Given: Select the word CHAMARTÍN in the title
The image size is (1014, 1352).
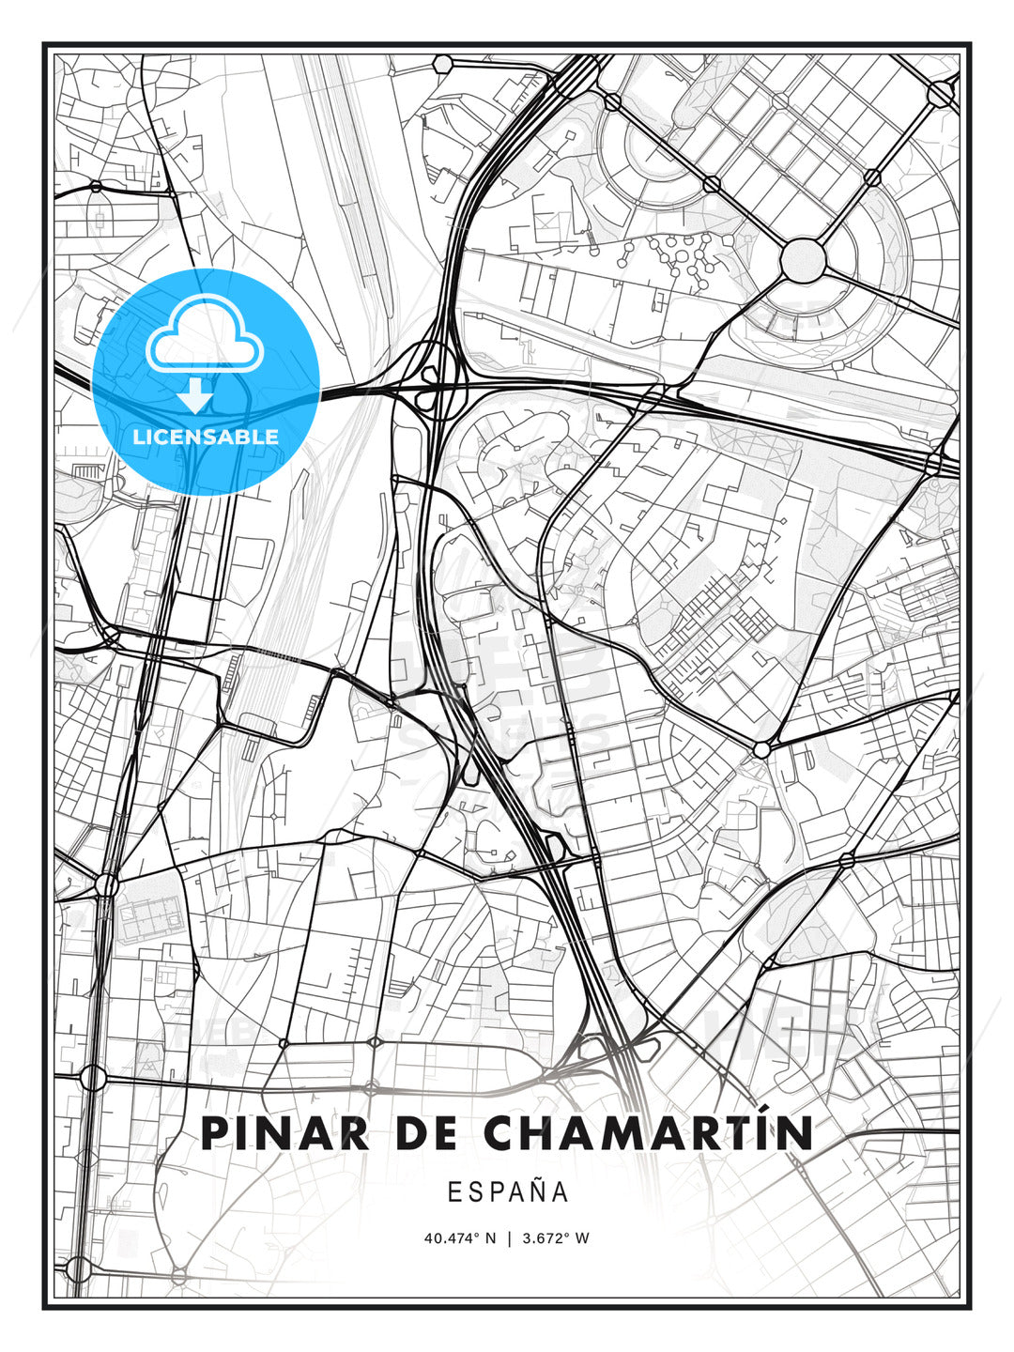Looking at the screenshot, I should point(648,1133).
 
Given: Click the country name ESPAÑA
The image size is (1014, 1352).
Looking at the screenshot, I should point(508,1192).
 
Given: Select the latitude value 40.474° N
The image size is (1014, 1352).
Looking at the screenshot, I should point(459,1238).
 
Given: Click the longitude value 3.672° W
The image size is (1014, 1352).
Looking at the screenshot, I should point(555,1238).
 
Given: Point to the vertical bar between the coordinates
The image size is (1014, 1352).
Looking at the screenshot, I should point(508,1238).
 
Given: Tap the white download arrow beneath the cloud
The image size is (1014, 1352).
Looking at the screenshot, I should point(195,395).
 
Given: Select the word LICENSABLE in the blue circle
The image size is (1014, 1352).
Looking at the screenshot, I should point(206,437).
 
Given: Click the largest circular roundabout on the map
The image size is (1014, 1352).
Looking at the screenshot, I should point(803,258).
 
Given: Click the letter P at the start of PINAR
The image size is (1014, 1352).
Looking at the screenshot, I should point(217,1133).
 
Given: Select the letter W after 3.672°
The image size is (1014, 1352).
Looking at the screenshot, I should point(582,1238).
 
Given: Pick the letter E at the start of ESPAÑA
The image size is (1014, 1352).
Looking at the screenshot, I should point(454,1192).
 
